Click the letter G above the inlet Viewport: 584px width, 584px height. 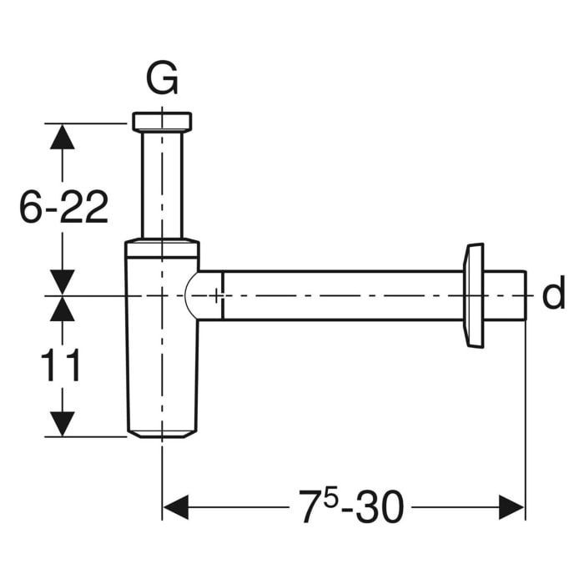coord(162,80)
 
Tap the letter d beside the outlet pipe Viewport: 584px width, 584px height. coord(553,295)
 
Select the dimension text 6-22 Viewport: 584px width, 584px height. coord(64,206)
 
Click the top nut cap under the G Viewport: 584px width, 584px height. coord(162,121)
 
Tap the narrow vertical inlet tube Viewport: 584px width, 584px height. coord(162,184)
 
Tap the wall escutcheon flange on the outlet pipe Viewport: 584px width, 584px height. coord(474,295)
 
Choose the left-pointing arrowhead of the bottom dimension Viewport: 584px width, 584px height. coord(175,506)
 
